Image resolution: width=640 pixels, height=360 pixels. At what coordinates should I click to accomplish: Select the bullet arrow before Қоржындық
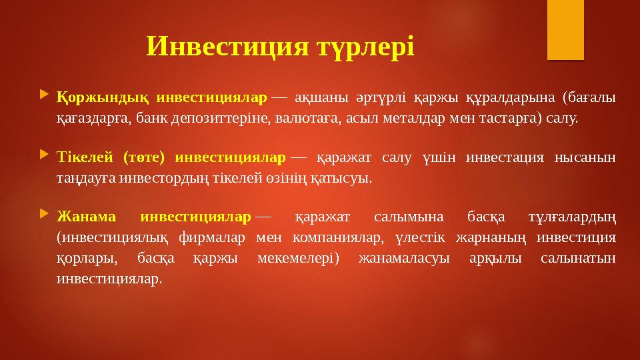tap(44, 97)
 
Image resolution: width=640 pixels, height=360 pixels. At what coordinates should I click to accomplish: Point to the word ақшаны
tap(319, 97)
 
